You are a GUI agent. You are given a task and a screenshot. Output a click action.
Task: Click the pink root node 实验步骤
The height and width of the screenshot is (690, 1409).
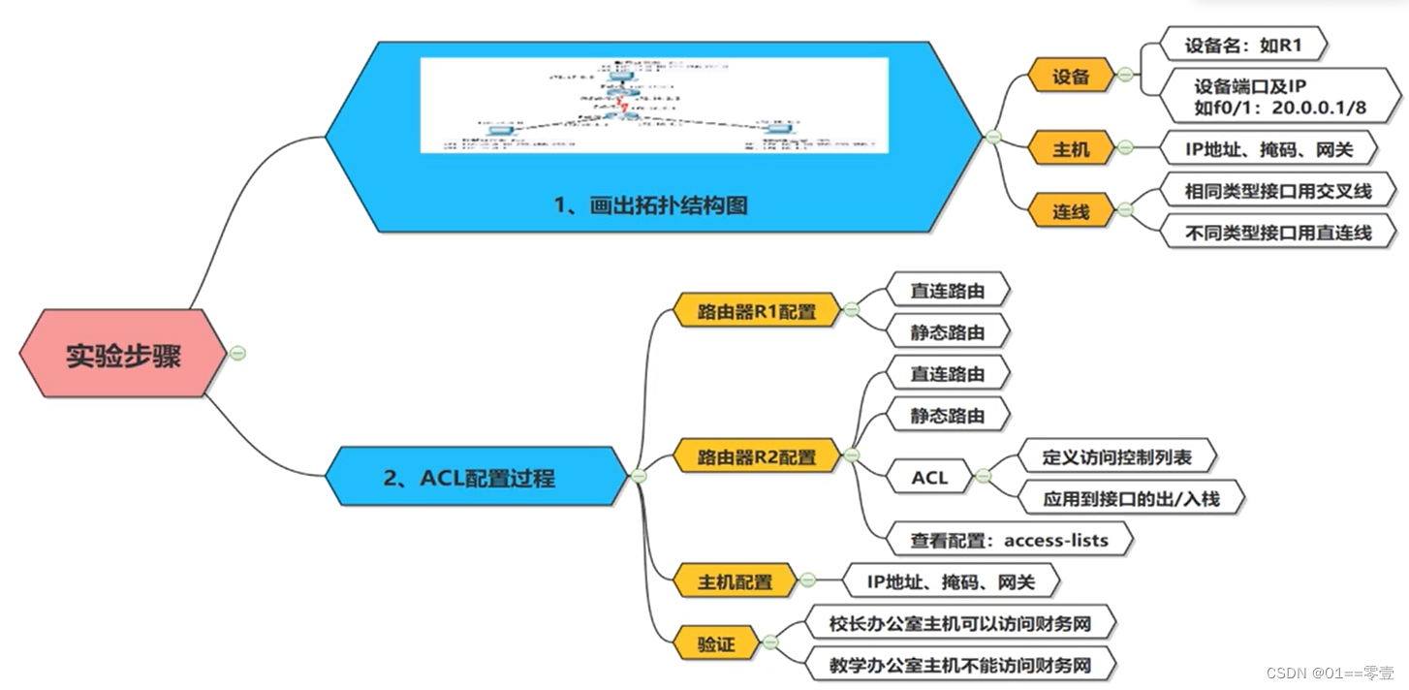(x=123, y=355)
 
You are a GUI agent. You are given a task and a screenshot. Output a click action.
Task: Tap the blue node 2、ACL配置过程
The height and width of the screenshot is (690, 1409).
(x=469, y=477)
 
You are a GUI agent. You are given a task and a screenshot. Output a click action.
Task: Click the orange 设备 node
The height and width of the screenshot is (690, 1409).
(x=1071, y=77)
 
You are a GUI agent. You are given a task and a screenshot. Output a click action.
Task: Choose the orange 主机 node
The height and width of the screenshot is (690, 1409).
(x=1071, y=149)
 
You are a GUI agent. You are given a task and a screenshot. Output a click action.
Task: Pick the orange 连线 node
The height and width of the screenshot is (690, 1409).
(x=1071, y=210)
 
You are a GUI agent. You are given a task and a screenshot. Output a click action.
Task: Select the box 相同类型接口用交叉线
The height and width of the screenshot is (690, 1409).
(x=1278, y=190)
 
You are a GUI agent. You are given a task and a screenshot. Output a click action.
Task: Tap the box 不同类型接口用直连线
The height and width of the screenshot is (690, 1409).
(x=1278, y=233)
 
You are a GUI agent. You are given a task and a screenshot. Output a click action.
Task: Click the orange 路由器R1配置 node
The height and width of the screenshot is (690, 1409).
(x=757, y=312)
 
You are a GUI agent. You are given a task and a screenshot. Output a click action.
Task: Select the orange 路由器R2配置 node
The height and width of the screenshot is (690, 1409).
(x=757, y=455)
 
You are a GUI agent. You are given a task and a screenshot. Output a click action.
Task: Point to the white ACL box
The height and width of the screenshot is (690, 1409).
(x=929, y=477)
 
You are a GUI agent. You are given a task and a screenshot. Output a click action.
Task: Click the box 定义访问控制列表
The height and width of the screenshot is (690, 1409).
(x=1117, y=456)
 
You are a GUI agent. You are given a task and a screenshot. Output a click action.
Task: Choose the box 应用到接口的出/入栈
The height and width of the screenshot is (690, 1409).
(x=1131, y=499)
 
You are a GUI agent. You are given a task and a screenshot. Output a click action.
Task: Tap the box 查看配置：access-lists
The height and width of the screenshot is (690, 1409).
(x=1009, y=540)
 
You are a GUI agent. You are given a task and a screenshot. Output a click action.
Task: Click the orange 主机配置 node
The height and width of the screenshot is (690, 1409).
(x=736, y=581)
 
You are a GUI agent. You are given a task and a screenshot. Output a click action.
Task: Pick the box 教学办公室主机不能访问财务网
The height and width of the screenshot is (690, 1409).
(x=960, y=666)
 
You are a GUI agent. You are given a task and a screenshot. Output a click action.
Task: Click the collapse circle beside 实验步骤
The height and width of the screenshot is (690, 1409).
(x=238, y=353)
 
